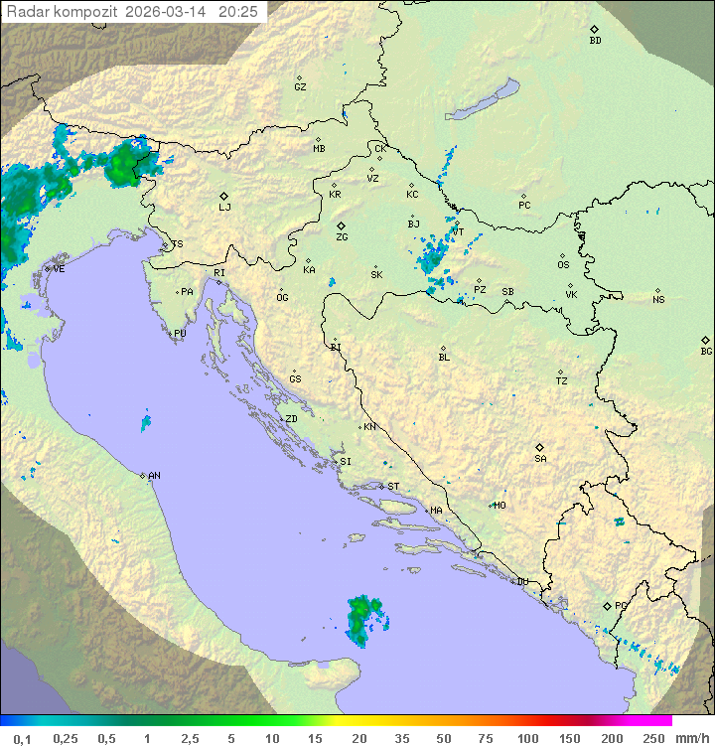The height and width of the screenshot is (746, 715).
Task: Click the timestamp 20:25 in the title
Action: coord(238,11)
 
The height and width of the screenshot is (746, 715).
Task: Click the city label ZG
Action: coord(342,237)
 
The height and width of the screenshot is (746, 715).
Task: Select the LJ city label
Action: coord(224,207)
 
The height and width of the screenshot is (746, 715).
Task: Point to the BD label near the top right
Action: coord(595,41)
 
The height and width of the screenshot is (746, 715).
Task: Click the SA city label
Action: coord(540,458)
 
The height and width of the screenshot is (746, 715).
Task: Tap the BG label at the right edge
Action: coord(706,351)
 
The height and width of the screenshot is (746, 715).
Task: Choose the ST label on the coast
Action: coord(393,487)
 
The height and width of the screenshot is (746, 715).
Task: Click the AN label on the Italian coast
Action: coord(154,476)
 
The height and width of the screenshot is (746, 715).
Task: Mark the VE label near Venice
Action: coord(59,269)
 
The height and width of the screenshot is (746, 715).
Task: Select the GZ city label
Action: coord(300,86)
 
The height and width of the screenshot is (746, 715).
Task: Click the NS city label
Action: coord(658,300)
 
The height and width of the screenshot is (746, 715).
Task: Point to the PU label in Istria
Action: coord(180,334)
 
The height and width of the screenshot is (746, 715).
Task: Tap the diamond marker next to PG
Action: coord(607,605)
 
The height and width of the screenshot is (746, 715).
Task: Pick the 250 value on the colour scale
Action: coord(652,738)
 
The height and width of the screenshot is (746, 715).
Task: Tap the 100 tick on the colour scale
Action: coord(527,738)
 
